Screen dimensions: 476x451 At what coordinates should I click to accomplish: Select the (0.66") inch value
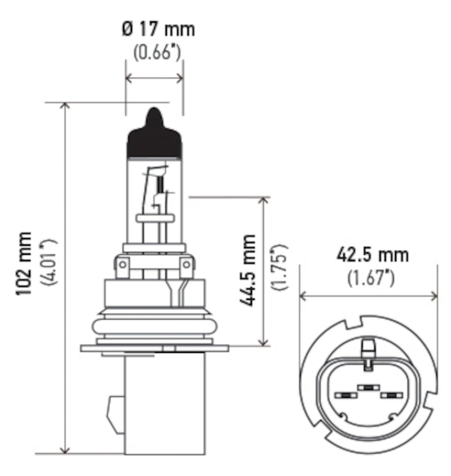pyautogui.click(x=157, y=53)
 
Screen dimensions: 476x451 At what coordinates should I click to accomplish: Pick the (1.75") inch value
pyautogui.click(x=280, y=268)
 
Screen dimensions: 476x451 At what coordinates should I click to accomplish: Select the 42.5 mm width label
pyautogui.click(x=372, y=255)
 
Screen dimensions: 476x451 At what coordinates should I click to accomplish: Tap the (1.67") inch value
pyautogui.click(x=370, y=277)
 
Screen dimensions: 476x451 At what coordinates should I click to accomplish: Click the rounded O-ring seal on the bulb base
pyautogui.click(x=154, y=326)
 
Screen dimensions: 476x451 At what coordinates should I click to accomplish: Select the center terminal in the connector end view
pyautogui.click(x=368, y=387)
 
